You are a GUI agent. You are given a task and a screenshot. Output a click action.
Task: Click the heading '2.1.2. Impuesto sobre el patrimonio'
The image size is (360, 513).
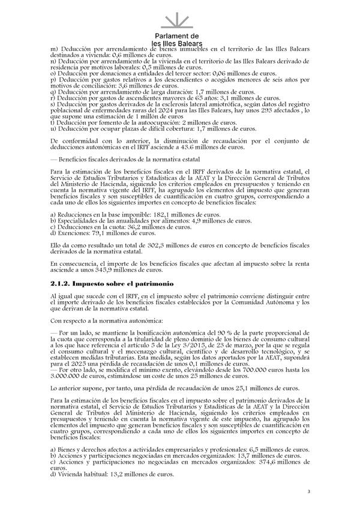pos(112,283)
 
